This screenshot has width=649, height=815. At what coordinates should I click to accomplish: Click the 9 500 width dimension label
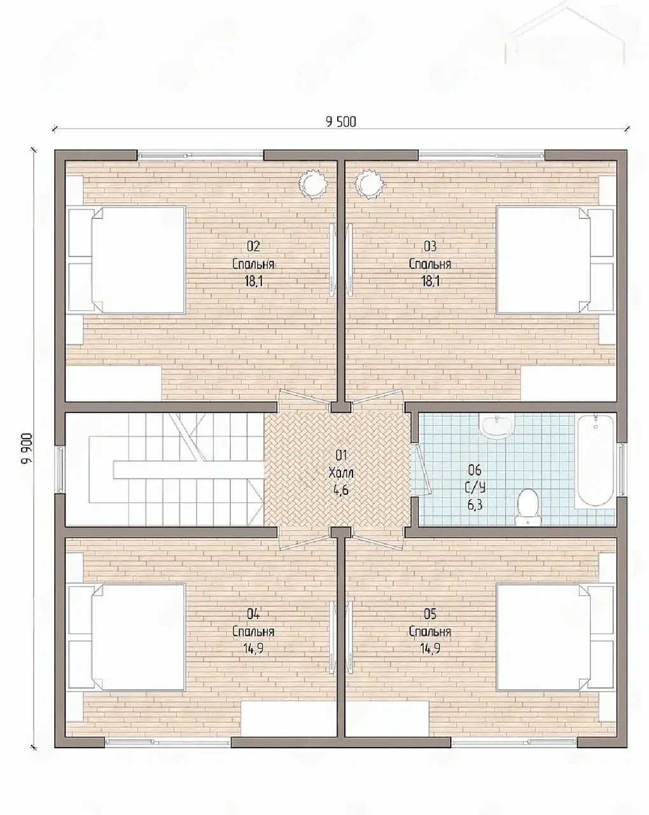341,122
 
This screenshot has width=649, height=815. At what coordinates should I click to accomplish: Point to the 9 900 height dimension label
27,448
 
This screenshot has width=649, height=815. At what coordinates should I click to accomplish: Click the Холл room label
341,472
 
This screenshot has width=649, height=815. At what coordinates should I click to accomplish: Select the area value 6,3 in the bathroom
475,505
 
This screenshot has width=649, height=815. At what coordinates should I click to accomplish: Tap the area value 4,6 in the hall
340,490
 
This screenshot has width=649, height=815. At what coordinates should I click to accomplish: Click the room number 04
253,614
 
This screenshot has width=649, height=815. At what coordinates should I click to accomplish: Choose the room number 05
430,614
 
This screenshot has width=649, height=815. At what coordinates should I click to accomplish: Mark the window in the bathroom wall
622,469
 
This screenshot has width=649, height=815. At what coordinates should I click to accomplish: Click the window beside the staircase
60,469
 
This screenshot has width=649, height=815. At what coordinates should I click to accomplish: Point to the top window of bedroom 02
200,155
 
